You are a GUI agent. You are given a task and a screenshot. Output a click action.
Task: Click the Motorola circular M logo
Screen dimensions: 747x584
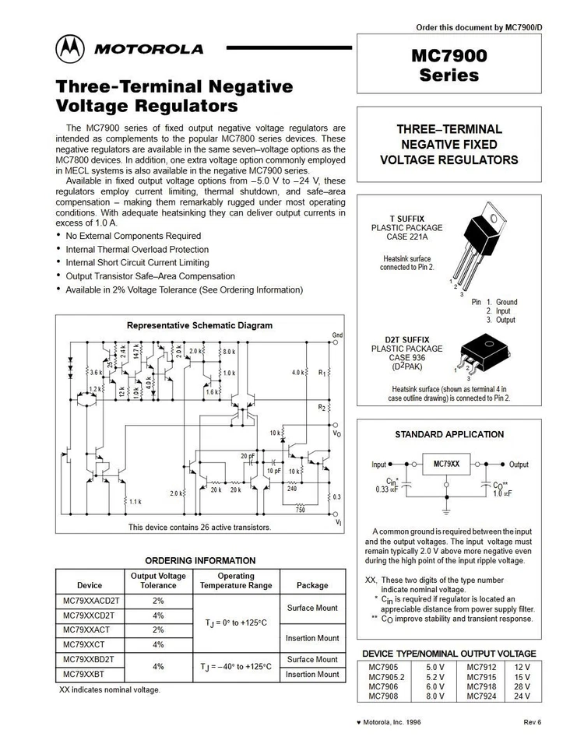click(70, 49)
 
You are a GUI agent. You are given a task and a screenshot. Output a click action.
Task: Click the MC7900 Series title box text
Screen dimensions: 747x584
click(449, 65)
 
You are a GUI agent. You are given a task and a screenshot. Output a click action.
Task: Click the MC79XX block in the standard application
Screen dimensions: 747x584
click(446, 465)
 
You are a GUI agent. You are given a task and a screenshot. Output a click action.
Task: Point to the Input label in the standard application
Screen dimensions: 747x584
click(378, 465)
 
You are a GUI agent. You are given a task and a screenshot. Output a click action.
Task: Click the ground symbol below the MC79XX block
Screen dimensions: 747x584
click(446, 512)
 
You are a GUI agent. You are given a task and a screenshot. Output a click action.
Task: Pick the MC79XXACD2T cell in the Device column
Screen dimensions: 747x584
click(90, 601)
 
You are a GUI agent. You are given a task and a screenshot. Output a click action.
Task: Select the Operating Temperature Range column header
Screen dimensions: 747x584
click(236, 580)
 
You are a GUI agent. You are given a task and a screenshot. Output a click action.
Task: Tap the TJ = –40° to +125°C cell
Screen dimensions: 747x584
click(236, 667)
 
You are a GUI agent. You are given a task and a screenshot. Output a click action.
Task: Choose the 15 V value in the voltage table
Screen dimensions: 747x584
click(521, 677)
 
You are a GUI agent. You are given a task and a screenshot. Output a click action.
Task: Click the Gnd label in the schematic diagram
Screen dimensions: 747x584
click(337, 335)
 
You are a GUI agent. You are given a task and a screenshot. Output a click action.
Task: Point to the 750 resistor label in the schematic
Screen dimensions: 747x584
click(301, 510)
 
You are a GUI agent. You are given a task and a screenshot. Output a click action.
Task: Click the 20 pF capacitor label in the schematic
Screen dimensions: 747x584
click(248, 456)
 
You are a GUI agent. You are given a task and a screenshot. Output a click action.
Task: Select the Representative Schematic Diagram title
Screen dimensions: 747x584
click(199, 325)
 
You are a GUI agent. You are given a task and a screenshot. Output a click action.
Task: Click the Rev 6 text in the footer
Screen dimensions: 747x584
click(533, 722)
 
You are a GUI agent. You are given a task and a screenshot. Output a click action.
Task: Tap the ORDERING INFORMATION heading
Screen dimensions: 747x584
click(200, 560)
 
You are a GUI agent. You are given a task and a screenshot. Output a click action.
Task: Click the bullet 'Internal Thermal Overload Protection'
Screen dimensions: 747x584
click(137, 250)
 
